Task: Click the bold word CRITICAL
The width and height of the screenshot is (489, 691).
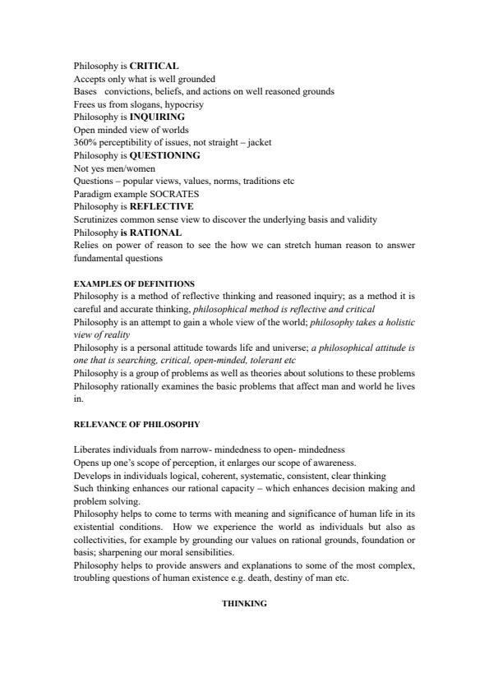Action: pyautogui.click(x=155, y=66)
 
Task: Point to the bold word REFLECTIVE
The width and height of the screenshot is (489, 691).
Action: pyautogui.click(x=162, y=206)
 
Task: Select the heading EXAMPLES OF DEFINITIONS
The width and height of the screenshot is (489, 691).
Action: pyautogui.click(x=134, y=283)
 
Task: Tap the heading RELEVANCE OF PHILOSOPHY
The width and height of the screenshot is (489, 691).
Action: pyautogui.click(x=136, y=424)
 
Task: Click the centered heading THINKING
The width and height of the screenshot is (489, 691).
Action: pyautogui.click(x=244, y=603)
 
